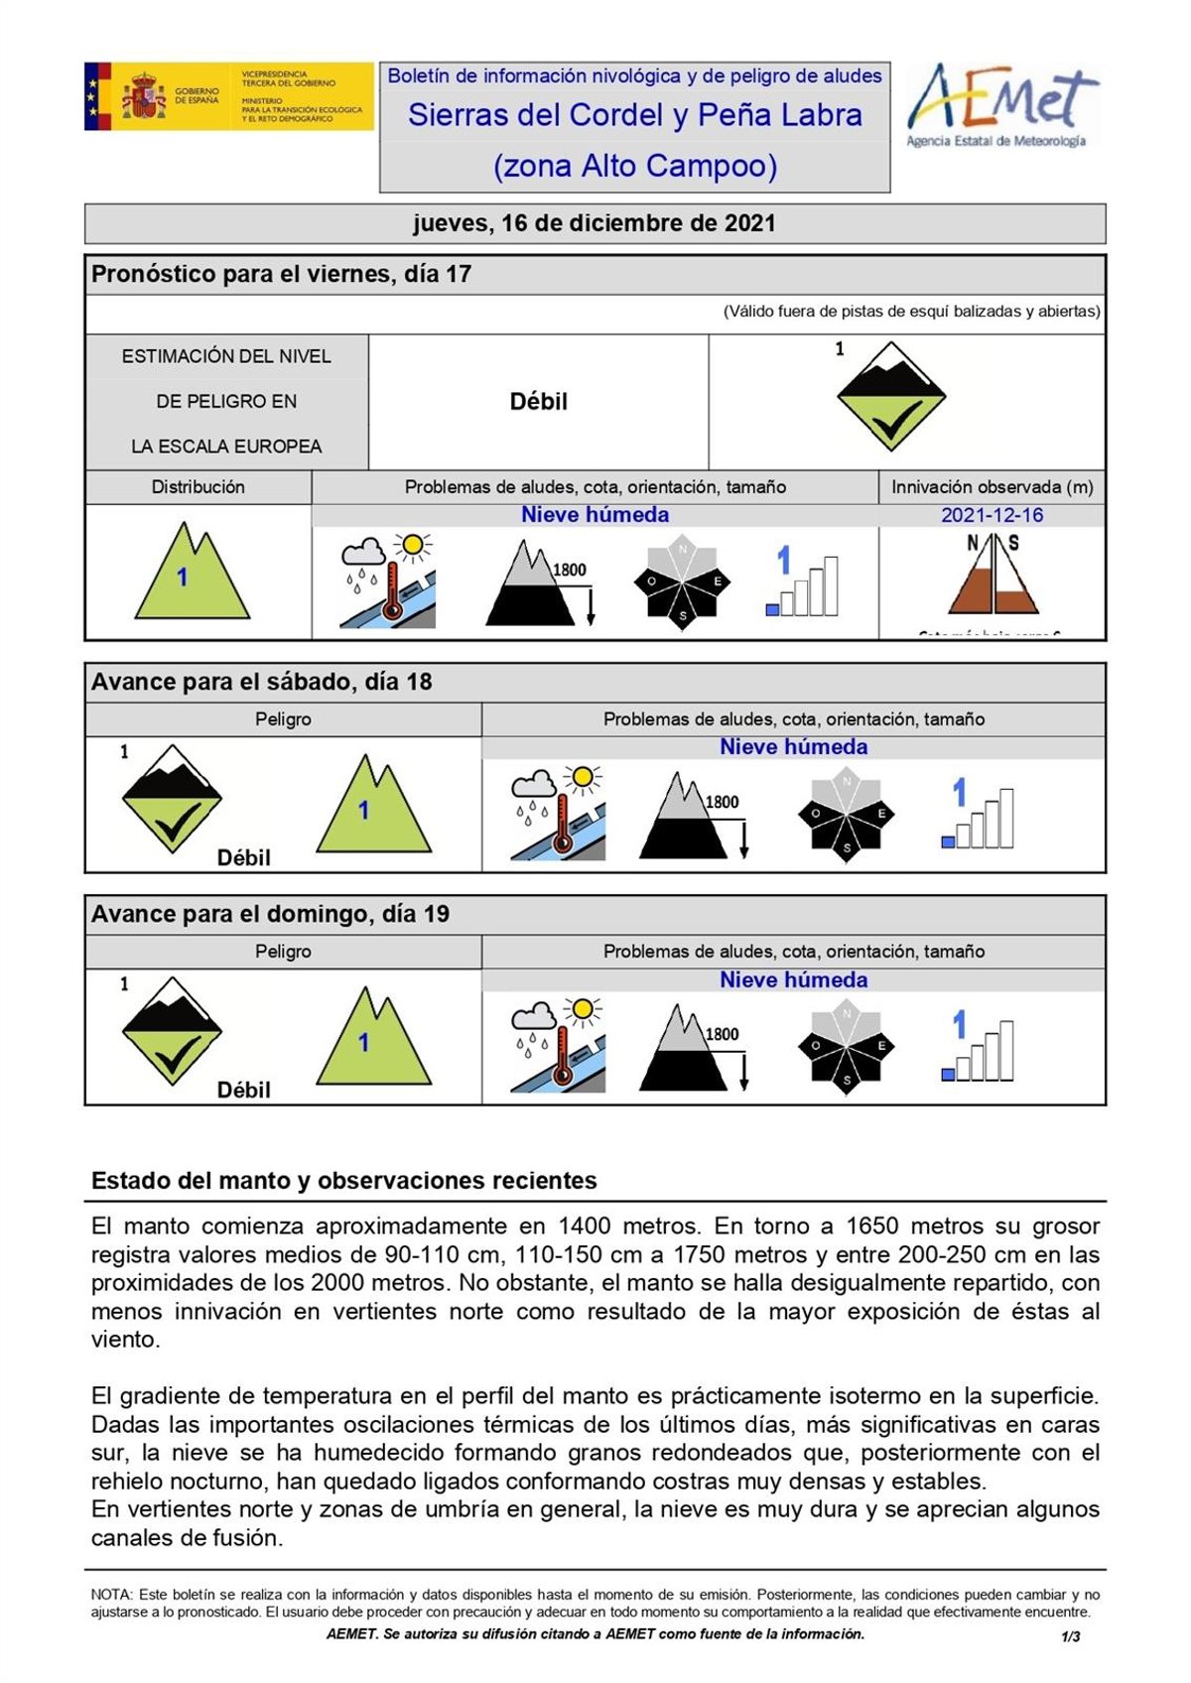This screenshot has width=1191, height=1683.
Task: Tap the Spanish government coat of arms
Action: [145, 97]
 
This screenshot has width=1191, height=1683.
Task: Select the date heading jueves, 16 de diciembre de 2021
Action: [595, 223]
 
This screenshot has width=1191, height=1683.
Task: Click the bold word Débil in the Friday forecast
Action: [538, 402]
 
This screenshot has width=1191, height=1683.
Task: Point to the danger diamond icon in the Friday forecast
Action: [890, 397]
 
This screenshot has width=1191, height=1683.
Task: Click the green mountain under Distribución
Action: [192, 573]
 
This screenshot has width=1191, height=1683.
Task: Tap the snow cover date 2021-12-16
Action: [992, 515]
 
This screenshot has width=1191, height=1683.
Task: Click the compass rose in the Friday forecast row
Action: [683, 583]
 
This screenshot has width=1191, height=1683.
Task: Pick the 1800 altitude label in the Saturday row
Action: [722, 802]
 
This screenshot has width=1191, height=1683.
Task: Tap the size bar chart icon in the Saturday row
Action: [978, 815]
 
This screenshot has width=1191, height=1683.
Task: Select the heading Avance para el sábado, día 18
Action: [262, 682]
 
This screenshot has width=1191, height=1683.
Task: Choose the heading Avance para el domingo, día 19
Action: [270, 914]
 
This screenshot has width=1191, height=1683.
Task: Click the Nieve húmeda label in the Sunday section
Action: [793, 979]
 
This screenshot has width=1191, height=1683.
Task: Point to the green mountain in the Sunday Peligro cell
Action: [373, 1038]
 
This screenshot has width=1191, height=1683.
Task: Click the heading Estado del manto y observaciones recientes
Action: [344, 1181]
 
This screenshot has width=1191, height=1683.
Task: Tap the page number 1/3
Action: [1071, 1636]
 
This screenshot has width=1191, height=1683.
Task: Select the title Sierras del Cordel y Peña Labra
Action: [635, 115]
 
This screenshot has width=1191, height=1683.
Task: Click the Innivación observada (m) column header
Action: [992, 487]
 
